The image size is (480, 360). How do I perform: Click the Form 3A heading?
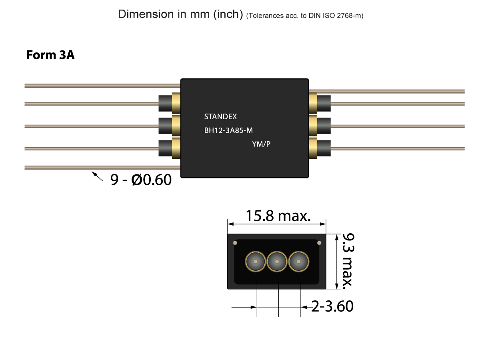pyautogui.click(x=50, y=55)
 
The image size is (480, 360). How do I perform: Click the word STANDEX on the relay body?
pyautogui.click(x=220, y=117)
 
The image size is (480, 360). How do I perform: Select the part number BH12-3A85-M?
pyautogui.click(x=228, y=130)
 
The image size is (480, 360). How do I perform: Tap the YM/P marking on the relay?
pyautogui.click(x=261, y=144)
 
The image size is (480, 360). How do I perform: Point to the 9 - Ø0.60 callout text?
pyautogui.click(x=141, y=180)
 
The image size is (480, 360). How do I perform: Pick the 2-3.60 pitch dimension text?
pyautogui.click(x=332, y=307)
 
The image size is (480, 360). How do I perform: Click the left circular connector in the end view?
pyautogui.click(x=255, y=262)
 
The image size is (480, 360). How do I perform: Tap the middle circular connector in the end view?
pyautogui.click(x=277, y=262)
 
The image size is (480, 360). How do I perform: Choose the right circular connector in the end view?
pyautogui.click(x=299, y=262)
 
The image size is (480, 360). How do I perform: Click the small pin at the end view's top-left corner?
pyautogui.click(x=235, y=243)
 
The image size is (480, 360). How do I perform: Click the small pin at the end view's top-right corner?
pyautogui.click(x=319, y=243)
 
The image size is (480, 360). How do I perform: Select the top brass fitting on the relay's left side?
pyautogui.click(x=176, y=103)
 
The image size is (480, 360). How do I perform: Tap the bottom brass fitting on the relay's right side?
pyautogui.click(x=313, y=148)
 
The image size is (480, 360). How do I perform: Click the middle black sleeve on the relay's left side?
pyautogui.click(x=165, y=126)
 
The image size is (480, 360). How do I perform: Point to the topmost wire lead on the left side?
pyautogui.click(x=100, y=86)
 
